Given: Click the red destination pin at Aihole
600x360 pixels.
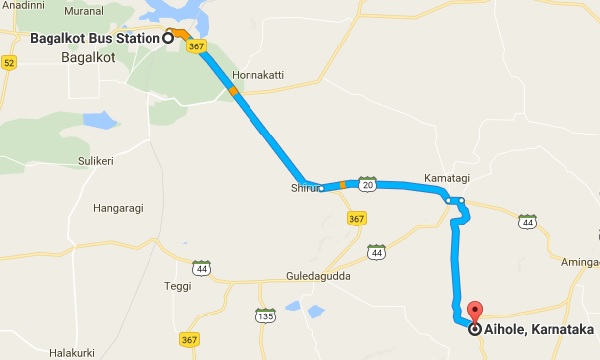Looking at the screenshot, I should [x=475, y=312].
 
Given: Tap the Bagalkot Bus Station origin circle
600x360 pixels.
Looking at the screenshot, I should [x=168, y=38].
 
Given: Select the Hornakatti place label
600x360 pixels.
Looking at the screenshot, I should [x=258, y=75].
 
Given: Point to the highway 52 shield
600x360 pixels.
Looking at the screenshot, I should [x=10, y=62].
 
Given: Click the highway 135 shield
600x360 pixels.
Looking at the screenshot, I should [x=266, y=316].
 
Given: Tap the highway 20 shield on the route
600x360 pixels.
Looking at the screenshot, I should [x=368, y=184].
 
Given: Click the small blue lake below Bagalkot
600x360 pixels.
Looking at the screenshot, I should [x=101, y=121].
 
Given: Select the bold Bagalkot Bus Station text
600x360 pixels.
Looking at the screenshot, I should [x=95, y=38].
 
